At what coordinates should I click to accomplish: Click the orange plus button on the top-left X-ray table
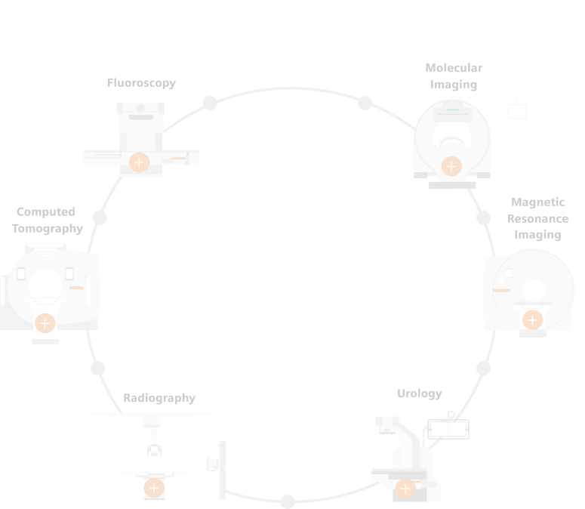tap(139, 162)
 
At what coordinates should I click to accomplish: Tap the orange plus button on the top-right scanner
tap(451, 166)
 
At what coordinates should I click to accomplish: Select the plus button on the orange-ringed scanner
tap(532, 320)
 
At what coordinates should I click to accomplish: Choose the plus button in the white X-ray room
tap(154, 488)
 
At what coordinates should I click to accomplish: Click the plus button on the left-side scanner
tap(45, 323)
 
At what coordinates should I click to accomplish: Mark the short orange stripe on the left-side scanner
tap(76, 288)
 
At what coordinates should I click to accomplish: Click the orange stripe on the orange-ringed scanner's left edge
tap(501, 290)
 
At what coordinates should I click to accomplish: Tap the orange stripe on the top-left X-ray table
tap(178, 158)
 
